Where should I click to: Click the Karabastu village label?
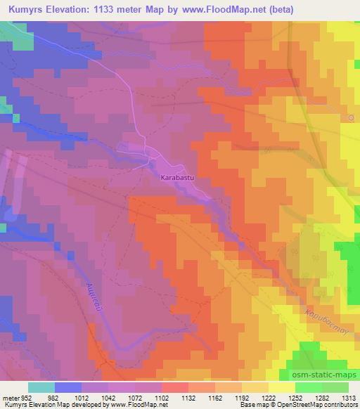pyautogui.click(x=176, y=178)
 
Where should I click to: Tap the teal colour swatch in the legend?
pyautogui.click(x=41, y=387)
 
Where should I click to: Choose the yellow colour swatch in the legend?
pyautogui.click(x=282, y=387)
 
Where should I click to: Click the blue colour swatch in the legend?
pyautogui.click(x=68, y=387)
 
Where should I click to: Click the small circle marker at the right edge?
pyautogui.click(x=351, y=117)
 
